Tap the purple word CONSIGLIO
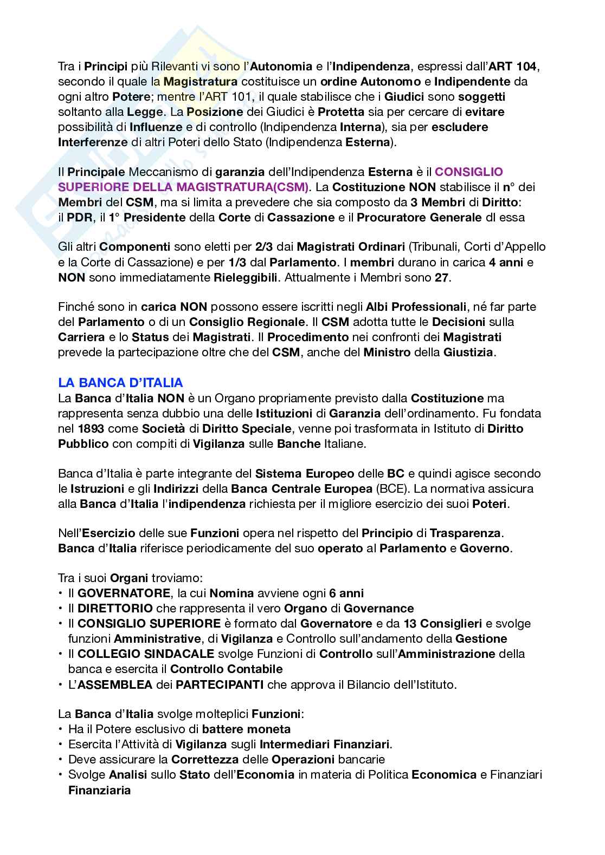(x=469, y=172)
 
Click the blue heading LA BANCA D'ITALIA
(x=120, y=383)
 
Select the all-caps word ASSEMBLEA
(x=115, y=684)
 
